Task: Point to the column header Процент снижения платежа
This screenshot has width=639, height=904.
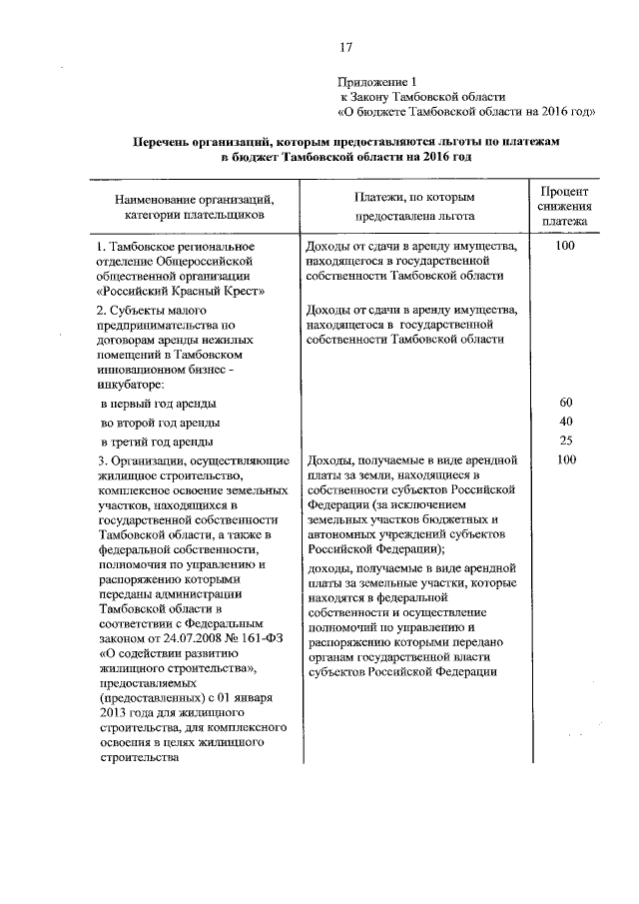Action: [x=565, y=206]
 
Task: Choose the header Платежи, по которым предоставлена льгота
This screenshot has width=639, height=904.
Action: [x=413, y=206]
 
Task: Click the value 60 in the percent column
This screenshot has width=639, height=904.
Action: [x=566, y=403]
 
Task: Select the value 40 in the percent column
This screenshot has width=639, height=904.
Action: [x=566, y=422]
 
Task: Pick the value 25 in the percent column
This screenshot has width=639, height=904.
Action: [x=566, y=441]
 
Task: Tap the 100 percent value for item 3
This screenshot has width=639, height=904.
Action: [x=566, y=460]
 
